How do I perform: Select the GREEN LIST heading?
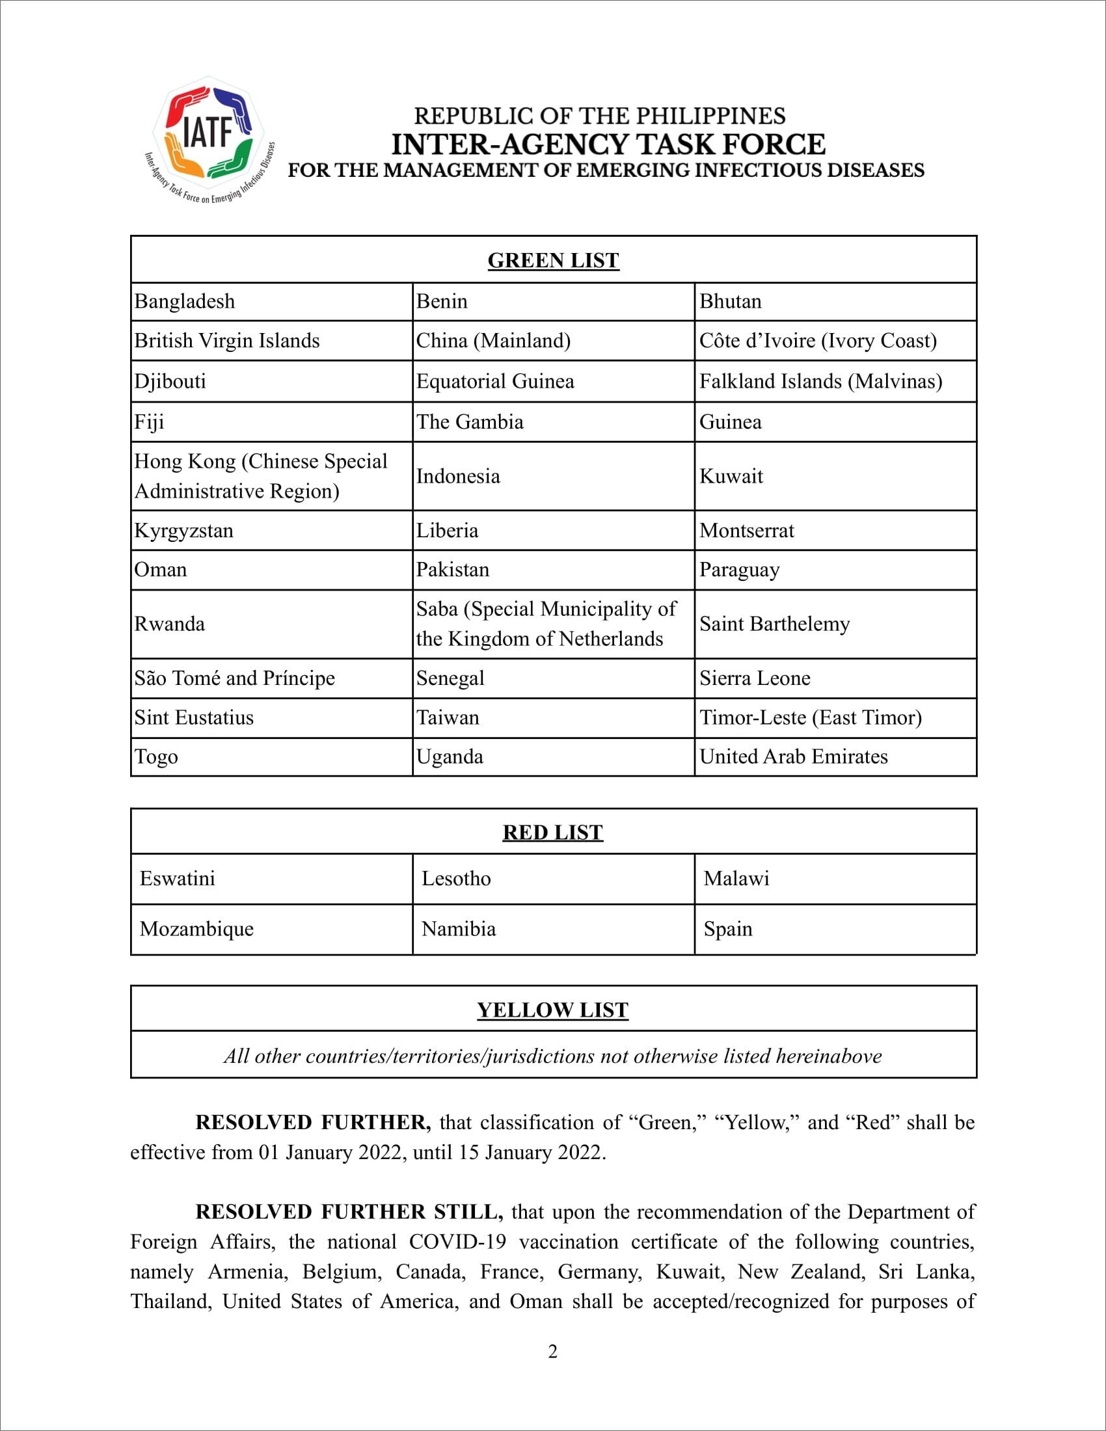(553, 261)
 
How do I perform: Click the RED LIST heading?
(553, 832)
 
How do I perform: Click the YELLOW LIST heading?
(553, 1010)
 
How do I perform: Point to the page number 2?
(553, 1351)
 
